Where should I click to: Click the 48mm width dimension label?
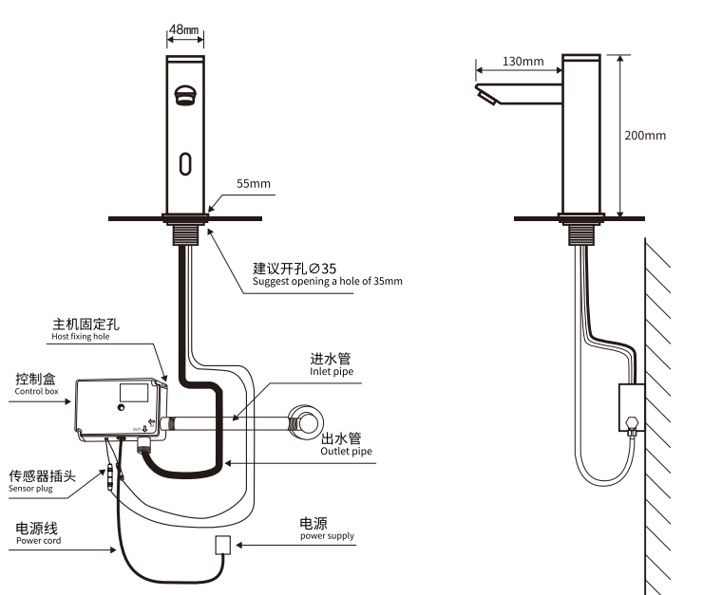(x=183, y=29)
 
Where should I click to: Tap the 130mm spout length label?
(x=522, y=62)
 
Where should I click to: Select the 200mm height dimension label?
(x=645, y=135)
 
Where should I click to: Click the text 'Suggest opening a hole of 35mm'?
(x=327, y=282)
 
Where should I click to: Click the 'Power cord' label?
(x=37, y=540)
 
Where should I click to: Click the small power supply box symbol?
(x=223, y=545)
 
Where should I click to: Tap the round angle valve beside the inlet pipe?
(x=307, y=420)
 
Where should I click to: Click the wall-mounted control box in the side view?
(x=630, y=405)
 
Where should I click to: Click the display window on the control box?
(x=134, y=390)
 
